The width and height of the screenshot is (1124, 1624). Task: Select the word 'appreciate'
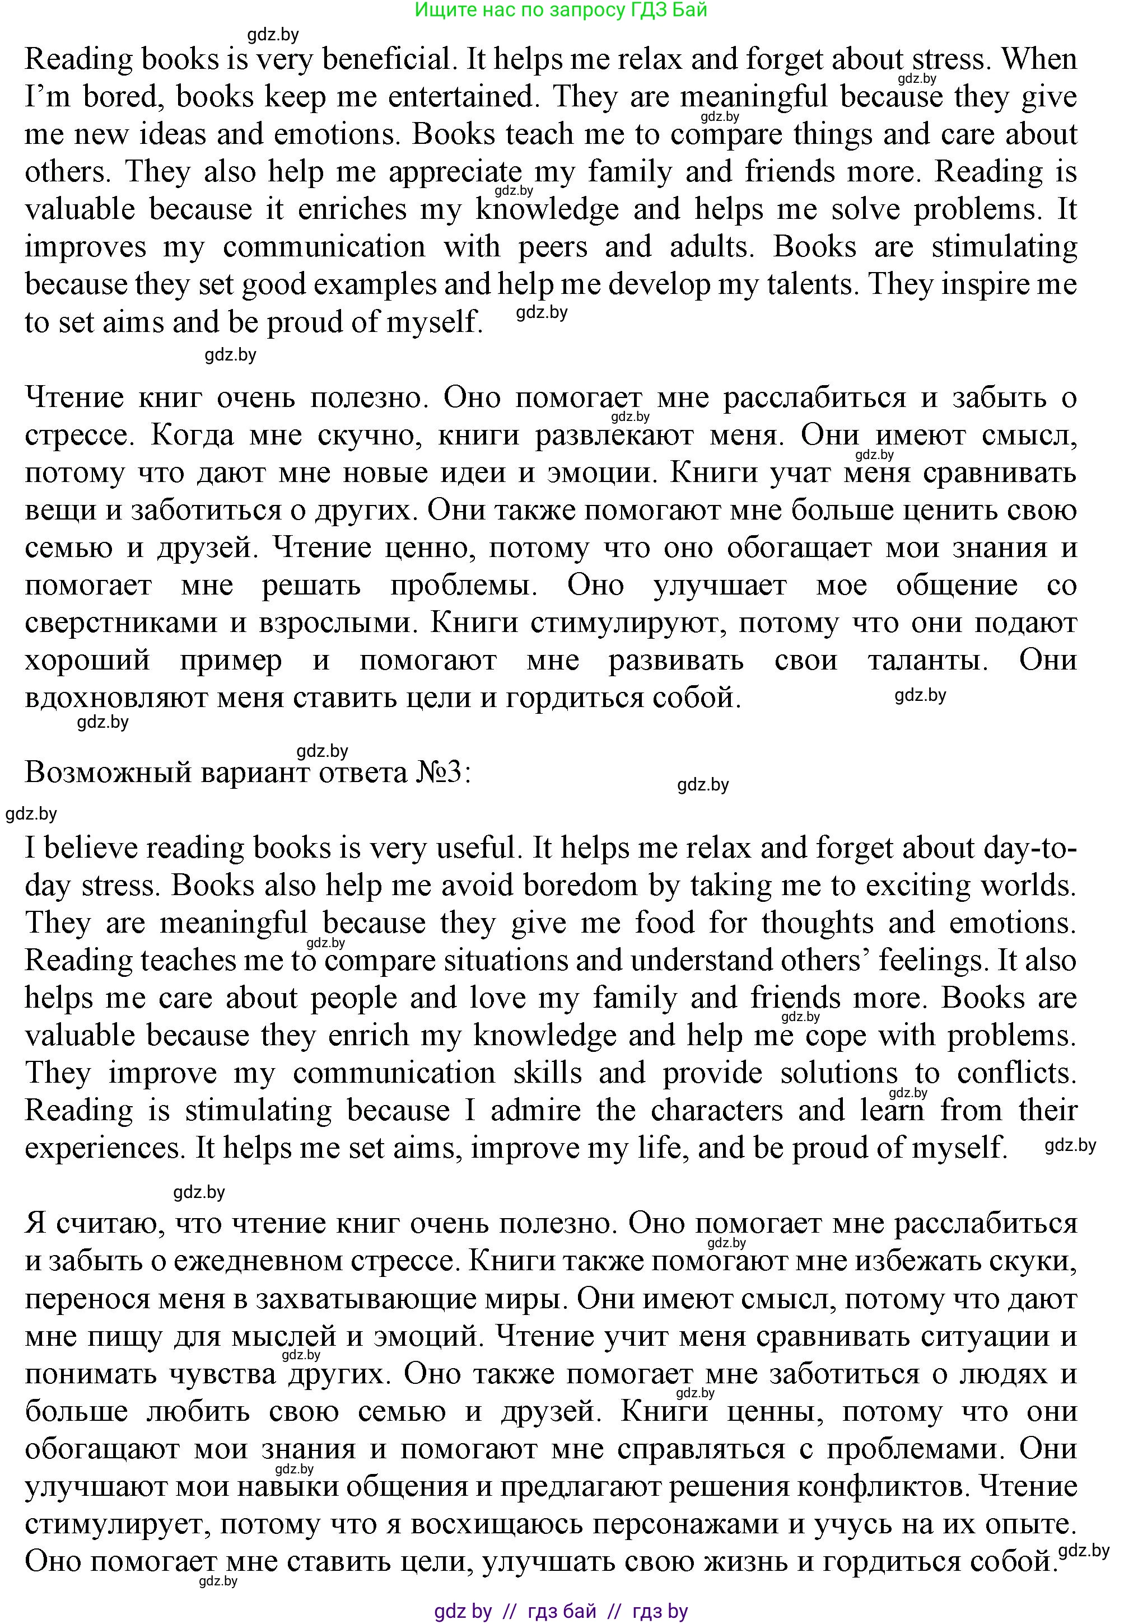click(455, 172)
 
